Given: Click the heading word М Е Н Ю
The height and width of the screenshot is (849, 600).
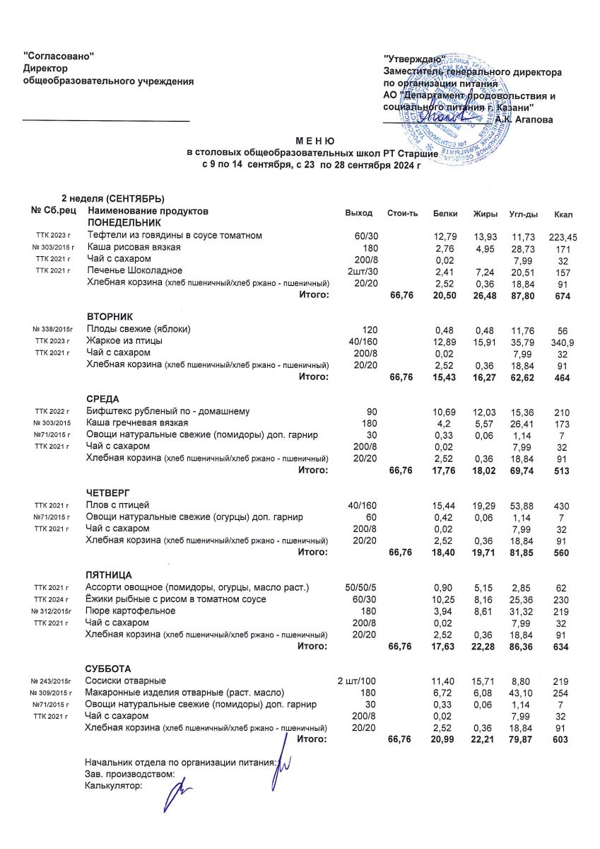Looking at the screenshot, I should coord(300,141).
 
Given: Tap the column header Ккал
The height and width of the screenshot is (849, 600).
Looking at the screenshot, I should coord(563,214).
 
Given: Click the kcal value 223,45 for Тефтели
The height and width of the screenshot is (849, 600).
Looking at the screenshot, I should coord(563,236).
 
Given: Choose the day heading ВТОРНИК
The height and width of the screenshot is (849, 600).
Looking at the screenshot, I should coord(110,316).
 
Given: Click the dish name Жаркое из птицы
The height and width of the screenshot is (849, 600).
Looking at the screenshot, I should coord(124,341).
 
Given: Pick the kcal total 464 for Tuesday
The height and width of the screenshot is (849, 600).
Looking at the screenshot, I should coord(563,378).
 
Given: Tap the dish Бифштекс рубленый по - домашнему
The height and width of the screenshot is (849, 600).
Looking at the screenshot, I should coord(167,411).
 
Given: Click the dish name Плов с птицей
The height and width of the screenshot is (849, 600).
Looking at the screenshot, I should coord(117,505).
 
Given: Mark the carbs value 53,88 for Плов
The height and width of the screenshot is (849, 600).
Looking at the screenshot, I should coord(521,505).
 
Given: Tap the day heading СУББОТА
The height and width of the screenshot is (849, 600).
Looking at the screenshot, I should coord(108,669).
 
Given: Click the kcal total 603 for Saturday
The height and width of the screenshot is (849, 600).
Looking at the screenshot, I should coord(562,740).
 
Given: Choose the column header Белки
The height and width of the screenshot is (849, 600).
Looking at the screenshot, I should coord(445,214).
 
